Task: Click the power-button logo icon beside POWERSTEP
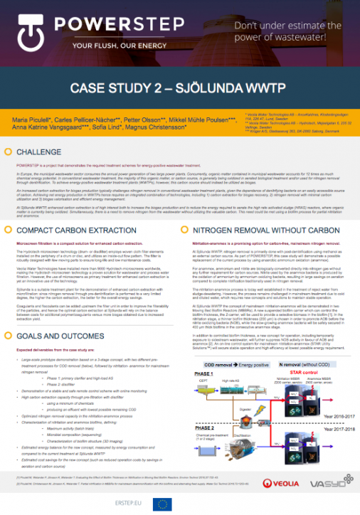pyautogui.click(x=26, y=31)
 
